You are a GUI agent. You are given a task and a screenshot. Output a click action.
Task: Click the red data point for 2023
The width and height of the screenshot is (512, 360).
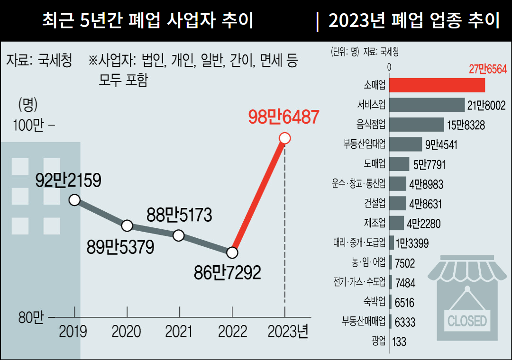point(284,138)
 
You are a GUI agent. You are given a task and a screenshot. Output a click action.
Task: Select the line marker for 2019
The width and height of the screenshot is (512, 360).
point(74,199)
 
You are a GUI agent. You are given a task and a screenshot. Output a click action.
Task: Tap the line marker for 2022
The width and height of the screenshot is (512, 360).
point(232,252)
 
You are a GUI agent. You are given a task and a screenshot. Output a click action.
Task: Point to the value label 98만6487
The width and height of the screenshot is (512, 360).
point(283,117)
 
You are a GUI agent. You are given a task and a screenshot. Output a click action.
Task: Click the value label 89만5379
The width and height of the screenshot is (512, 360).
point(120,247)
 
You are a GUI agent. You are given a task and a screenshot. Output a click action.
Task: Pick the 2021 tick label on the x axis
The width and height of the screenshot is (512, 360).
point(179,331)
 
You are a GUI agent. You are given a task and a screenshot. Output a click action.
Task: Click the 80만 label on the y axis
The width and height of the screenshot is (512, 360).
point(30,318)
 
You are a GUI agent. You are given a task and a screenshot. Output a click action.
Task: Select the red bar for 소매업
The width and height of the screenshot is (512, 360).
point(437,85)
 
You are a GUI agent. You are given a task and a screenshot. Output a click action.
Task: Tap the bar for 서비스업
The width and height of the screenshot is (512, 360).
point(427,105)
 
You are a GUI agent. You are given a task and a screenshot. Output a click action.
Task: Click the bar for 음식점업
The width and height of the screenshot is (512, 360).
point(416,125)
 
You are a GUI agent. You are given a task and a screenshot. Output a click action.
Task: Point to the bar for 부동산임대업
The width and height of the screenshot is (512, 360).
point(405,144)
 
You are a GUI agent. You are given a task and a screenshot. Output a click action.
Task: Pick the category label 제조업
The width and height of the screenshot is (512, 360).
point(375,223)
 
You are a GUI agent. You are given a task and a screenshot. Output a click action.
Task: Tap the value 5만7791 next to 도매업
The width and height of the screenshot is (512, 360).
point(429,164)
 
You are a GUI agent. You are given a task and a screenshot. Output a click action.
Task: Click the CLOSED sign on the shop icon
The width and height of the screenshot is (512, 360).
point(467,321)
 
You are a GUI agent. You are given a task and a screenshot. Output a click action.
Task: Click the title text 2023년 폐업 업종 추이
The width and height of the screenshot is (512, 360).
point(413,21)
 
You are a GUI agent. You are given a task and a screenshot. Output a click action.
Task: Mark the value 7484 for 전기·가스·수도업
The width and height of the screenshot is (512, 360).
point(405,283)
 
